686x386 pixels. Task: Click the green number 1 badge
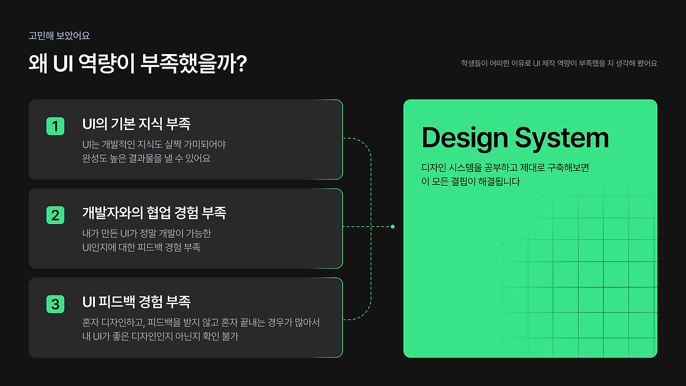pos(55,126)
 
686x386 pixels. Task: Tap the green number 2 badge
pos(55,215)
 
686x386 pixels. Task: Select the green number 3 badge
pos(55,304)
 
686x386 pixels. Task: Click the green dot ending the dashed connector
pos(393,227)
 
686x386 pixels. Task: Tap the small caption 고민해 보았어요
pos(59,36)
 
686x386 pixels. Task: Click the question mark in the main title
pos(242,63)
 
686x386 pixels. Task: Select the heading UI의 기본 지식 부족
pos(136,124)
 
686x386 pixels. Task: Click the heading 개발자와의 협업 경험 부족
pos(154,213)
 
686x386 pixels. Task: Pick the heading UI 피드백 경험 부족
pos(136,302)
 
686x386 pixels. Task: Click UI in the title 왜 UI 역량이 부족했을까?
pos(63,64)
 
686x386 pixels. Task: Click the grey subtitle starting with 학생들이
pos(559,63)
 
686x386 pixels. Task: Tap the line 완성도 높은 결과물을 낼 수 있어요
pos(146,158)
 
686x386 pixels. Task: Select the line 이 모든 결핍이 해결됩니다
pos(471,182)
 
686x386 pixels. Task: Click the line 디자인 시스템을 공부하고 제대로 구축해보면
pos(505,168)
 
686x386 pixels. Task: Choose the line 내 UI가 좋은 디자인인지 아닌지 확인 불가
pos(160,336)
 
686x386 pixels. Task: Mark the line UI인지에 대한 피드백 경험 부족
pos(141,248)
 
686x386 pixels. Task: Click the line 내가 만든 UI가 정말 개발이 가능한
pos(147,233)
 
